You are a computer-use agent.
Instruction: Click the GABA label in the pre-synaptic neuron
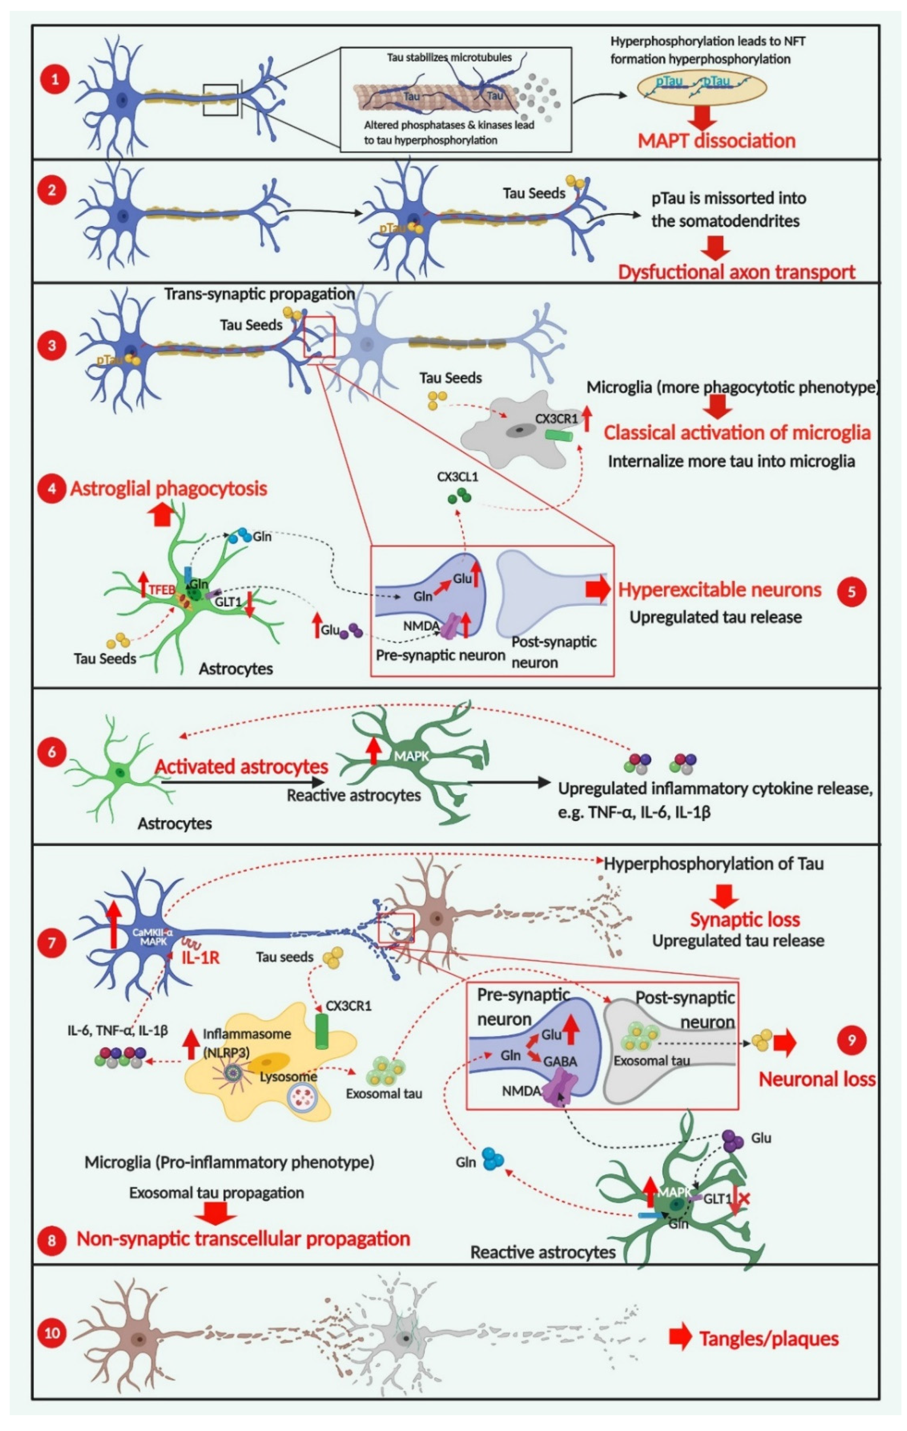(x=560, y=1061)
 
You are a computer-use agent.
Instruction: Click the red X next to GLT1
(x=744, y=1199)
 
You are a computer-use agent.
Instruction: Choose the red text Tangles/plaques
(x=768, y=1338)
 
